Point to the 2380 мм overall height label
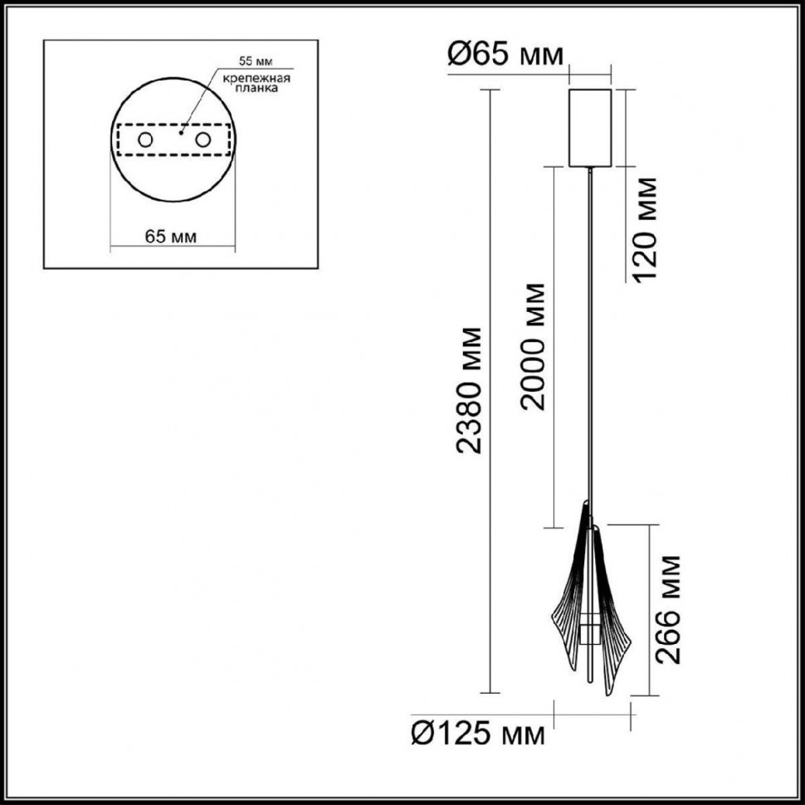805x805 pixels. pyautogui.click(x=472, y=390)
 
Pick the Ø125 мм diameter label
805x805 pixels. pyautogui.click(x=479, y=733)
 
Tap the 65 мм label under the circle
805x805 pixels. pyautogui.click(x=171, y=237)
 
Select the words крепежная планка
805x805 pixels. pyautogui.click(x=255, y=85)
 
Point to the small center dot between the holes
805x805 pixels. pyautogui.click(x=182, y=131)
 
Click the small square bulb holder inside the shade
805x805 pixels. pyautogui.click(x=588, y=632)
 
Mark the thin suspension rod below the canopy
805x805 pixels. pyautogui.click(x=590, y=332)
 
